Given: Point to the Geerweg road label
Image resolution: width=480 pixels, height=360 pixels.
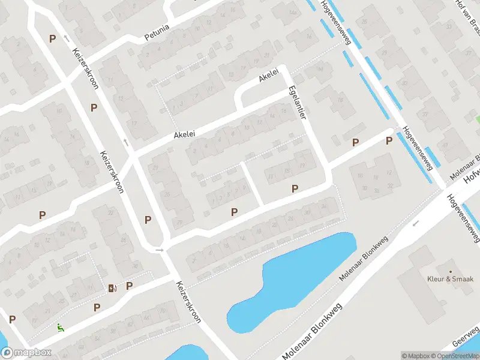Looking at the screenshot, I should [465, 340].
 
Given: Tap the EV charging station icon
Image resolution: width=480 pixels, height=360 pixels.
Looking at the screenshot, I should [112, 289].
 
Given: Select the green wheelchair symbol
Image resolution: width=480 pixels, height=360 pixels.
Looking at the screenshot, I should [60, 328].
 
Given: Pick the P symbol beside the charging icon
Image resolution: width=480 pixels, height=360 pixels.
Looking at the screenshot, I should [129, 286].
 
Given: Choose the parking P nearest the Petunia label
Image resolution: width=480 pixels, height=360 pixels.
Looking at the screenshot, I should [53, 38].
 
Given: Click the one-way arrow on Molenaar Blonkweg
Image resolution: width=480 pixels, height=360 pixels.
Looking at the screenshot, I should [415, 223].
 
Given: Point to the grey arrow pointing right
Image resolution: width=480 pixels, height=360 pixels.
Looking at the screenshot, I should [160, 250].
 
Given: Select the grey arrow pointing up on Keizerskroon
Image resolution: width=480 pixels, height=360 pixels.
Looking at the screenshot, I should [126, 142].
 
